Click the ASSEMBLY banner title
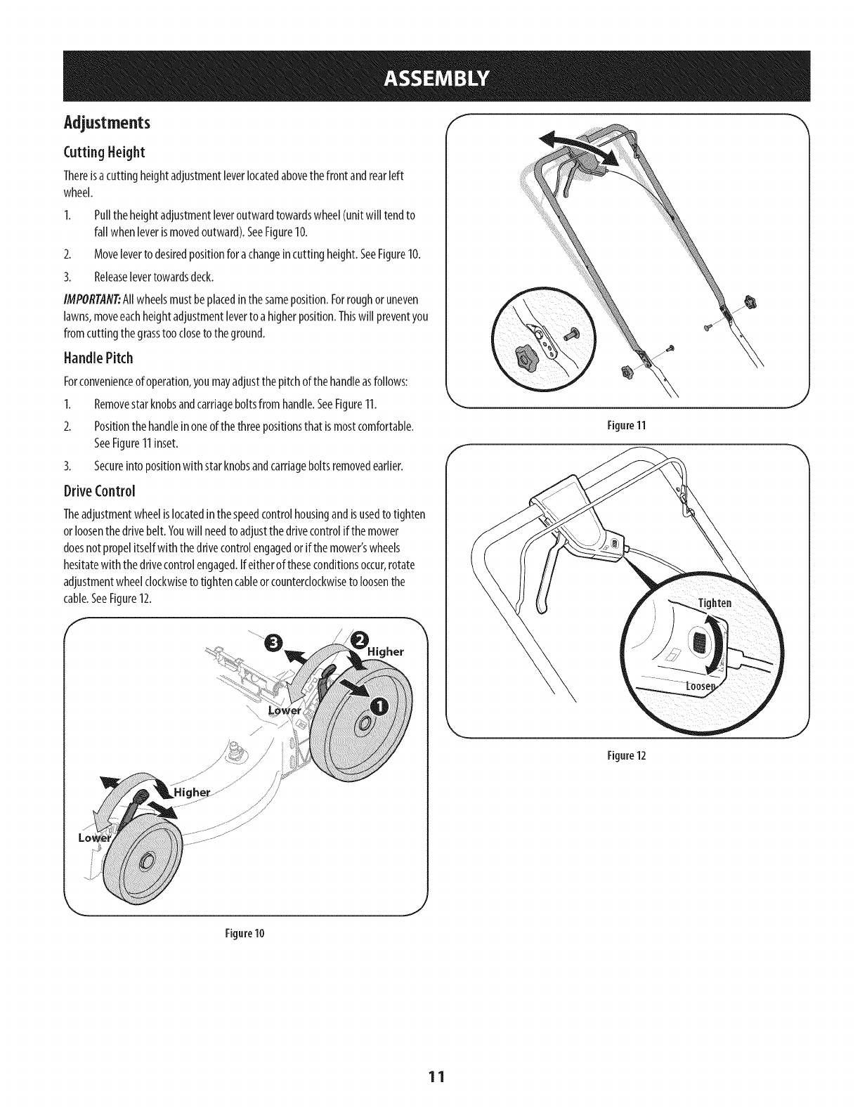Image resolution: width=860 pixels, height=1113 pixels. [430, 77]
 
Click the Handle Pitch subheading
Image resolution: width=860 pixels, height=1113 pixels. [98, 358]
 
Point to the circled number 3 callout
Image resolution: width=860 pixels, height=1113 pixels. [274, 642]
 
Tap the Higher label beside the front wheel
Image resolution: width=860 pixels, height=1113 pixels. [192, 794]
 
